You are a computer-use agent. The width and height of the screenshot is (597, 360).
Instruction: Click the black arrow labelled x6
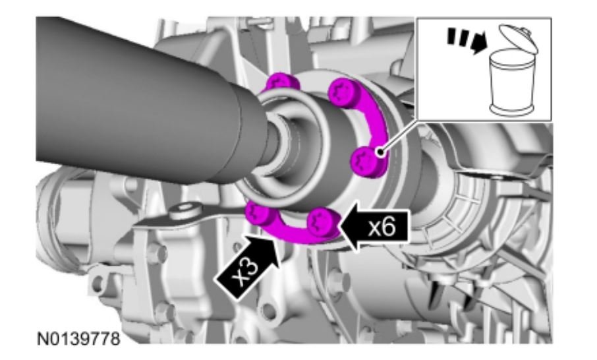(375, 227)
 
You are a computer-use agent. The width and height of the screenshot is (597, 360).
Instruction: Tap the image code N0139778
(78, 339)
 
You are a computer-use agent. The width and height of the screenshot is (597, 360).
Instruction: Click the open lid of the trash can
(519, 38)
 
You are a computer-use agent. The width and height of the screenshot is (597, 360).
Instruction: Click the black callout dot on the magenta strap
(380, 153)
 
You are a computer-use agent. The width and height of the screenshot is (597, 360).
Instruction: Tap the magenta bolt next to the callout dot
(365, 162)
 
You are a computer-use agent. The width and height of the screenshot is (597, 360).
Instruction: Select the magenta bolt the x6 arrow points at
(323, 224)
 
